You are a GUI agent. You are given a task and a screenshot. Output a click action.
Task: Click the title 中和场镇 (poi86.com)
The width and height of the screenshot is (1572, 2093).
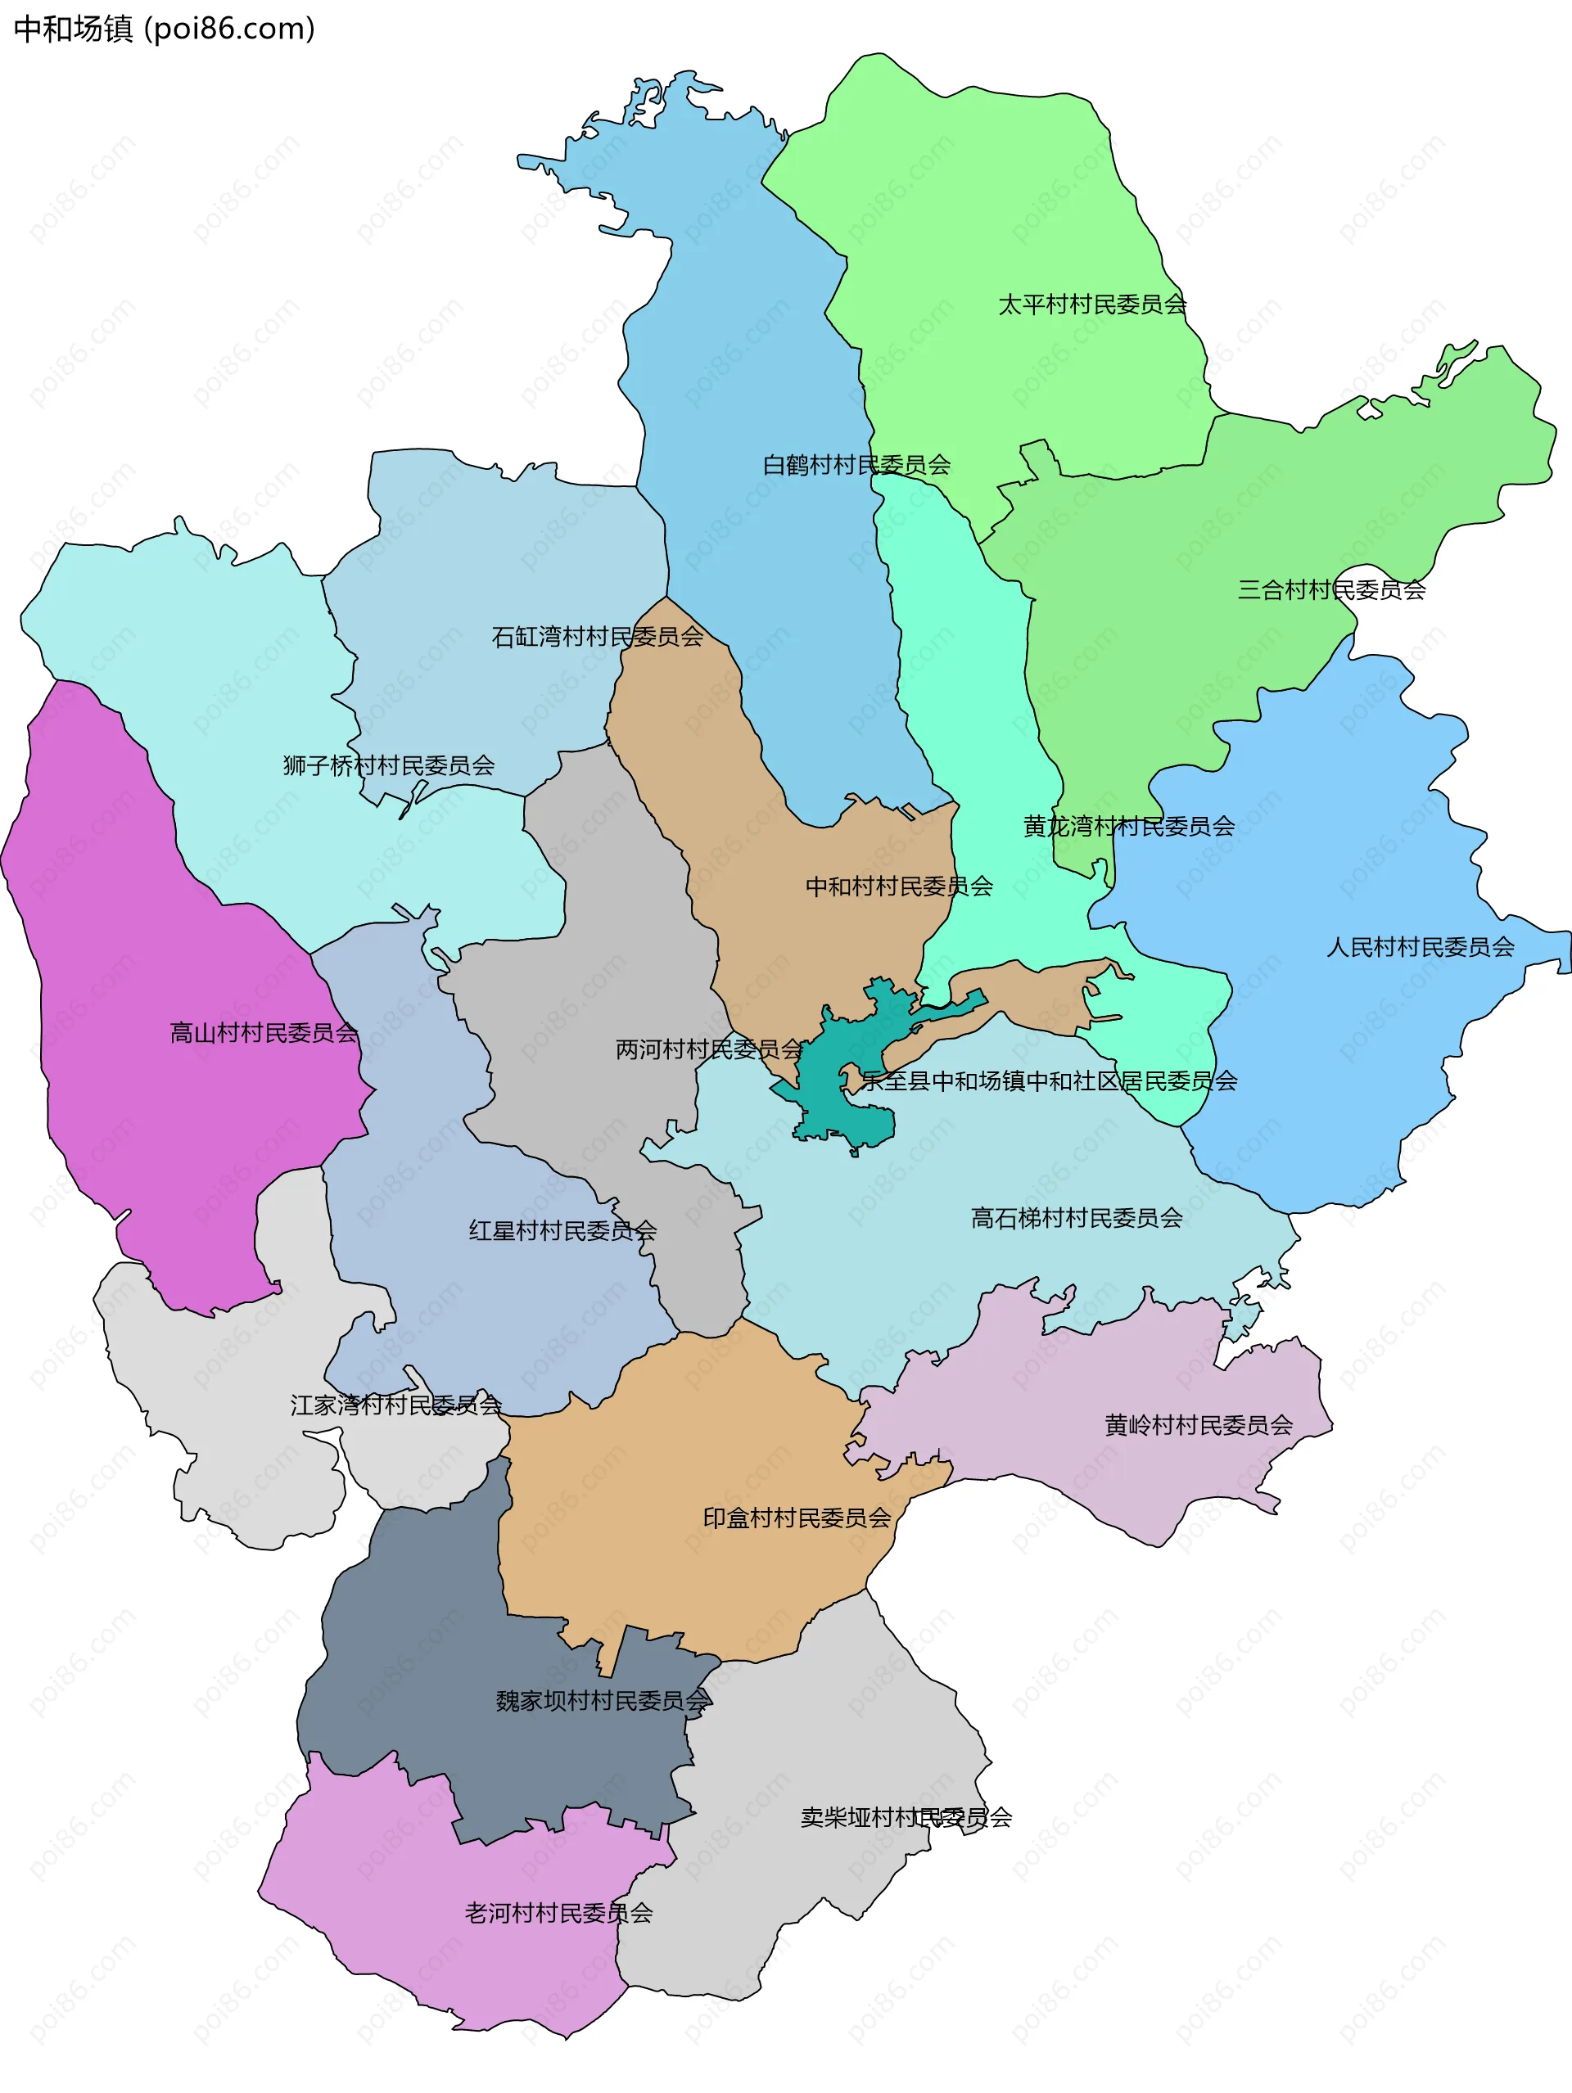click(x=164, y=29)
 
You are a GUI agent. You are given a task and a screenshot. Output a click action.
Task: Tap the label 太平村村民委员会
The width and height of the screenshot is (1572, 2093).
click(x=1091, y=304)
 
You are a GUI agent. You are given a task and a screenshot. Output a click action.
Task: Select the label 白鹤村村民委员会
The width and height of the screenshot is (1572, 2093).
click(x=856, y=465)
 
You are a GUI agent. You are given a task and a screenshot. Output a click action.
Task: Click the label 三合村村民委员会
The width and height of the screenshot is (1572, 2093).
click(x=1330, y=589)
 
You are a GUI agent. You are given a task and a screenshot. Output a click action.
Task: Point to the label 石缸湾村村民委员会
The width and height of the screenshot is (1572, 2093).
click(x=597, y=637)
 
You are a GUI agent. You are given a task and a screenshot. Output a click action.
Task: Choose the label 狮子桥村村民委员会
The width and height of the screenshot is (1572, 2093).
click(x=388, y=765)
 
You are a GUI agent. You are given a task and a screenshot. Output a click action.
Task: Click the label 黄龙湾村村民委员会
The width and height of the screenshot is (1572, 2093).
click(x=1128, y=826)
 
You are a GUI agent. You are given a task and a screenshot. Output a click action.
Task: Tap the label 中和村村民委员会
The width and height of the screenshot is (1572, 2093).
click(x=898, y=886)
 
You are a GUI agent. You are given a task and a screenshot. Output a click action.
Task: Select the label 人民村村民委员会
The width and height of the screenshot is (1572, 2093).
click(x=1420, y=947)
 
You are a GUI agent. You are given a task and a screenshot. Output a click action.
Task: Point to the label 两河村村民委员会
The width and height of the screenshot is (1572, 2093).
click(x=709, y=1049)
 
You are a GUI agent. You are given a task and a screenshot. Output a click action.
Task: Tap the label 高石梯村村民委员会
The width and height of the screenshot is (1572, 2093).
click(x=1076, y=1218)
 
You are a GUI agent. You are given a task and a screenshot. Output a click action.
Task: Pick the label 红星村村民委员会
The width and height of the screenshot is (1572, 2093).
click(x=562, y=1231)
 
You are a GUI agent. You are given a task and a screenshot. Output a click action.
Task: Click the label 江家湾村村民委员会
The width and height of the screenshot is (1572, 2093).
click(x=395, y=1405)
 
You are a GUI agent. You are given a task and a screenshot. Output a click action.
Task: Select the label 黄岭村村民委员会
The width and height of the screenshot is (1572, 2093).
click(x=1198, y=1425)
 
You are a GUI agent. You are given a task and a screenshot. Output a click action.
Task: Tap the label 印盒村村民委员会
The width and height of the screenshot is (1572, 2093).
click(x=796, y=1518)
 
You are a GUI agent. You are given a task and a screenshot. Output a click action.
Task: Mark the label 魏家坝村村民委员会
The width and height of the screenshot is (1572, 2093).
click(x=602, y=1701)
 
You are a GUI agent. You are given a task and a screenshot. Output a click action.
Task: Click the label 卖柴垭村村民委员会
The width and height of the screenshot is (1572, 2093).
click(x=906, y=1818)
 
